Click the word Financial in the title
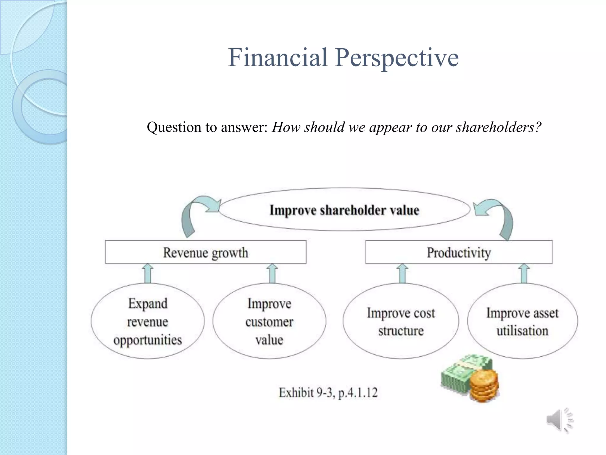point(278,57)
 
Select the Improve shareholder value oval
point(344,210)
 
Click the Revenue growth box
point(206,252)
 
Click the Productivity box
point(459,252)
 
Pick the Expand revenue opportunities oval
point(148,321)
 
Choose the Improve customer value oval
point(269,321)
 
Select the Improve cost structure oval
point(401,321)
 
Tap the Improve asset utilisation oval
point(522,321)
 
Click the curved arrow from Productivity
point(500,215)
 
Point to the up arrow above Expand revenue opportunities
point(148,274)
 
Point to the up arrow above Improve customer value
point(272,274)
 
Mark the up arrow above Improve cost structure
point(402,274)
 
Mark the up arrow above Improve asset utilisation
point(524,274)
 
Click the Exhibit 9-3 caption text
point(328,392)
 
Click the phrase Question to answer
point(207,127)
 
